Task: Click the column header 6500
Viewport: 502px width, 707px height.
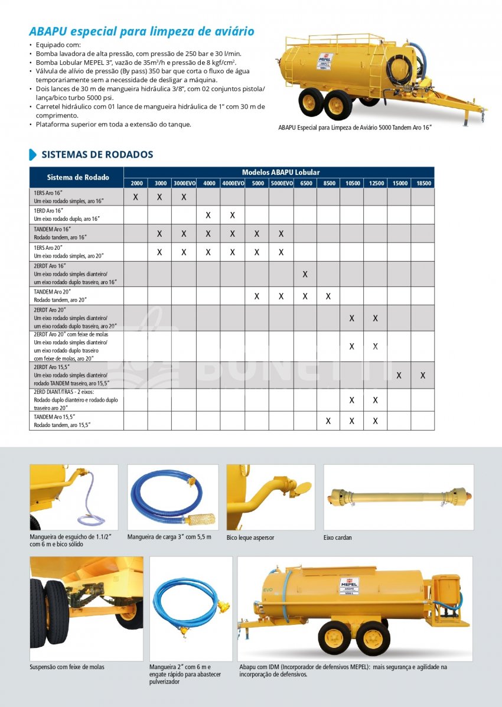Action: (305, 183)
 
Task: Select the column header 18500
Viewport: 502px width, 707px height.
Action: (423, 183)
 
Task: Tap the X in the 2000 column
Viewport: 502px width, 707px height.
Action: (135, 197)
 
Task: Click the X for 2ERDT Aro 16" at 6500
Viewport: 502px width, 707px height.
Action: (305, 274)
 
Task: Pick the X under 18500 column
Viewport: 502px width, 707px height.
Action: (423, 375)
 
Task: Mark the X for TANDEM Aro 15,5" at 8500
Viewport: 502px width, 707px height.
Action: (328, 421)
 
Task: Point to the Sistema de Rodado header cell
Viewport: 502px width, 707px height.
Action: (77, 177)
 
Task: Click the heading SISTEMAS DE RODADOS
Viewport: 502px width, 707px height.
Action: (97, 155)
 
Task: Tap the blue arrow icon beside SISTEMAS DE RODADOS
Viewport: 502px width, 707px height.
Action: (33, 155)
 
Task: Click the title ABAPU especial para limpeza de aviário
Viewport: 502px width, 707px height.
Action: (142, 31)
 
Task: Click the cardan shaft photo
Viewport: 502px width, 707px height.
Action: (398, 496)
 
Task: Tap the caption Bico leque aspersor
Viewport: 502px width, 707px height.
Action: (250, 537)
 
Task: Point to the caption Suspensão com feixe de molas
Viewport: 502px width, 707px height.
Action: (67, 667)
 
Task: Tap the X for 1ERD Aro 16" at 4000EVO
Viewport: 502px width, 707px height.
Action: (232, 215)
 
